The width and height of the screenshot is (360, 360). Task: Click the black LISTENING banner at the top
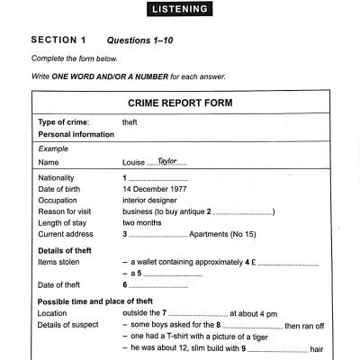(x=180, y=10)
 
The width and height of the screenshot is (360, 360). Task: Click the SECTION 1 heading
(x=58, y=40)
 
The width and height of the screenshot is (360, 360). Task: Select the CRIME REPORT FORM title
(x=181, y=103)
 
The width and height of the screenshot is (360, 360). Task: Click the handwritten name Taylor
(x=167, y=160)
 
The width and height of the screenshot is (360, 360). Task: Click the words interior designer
(x=151, y=202)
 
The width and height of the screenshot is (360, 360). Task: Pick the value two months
(x=143, y=223)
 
